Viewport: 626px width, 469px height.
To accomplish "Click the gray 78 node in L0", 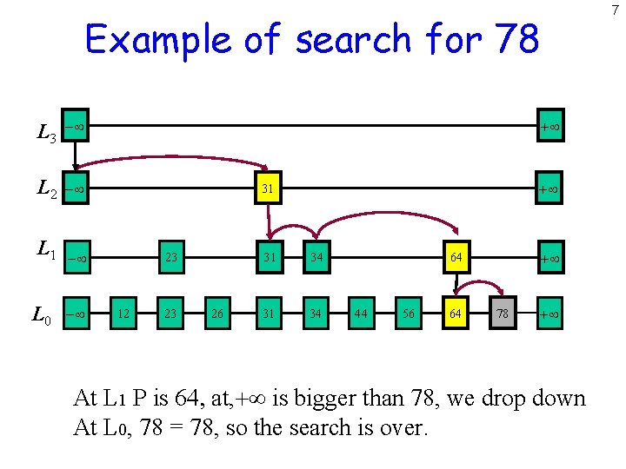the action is [x=502, y=314].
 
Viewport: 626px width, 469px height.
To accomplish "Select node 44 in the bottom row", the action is [x=359, y=314].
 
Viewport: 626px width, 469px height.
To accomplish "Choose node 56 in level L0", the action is [x=407, y=314].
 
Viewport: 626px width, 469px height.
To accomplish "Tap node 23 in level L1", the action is [x=171, y=257].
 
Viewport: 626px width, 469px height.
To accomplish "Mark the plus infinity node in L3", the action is [x=549, y=127].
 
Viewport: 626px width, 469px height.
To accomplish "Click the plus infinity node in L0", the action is [x=549, y=314].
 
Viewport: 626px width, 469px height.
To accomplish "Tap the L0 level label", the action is [x=42, y=315].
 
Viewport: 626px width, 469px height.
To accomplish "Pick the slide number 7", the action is [x=615, y=10].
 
